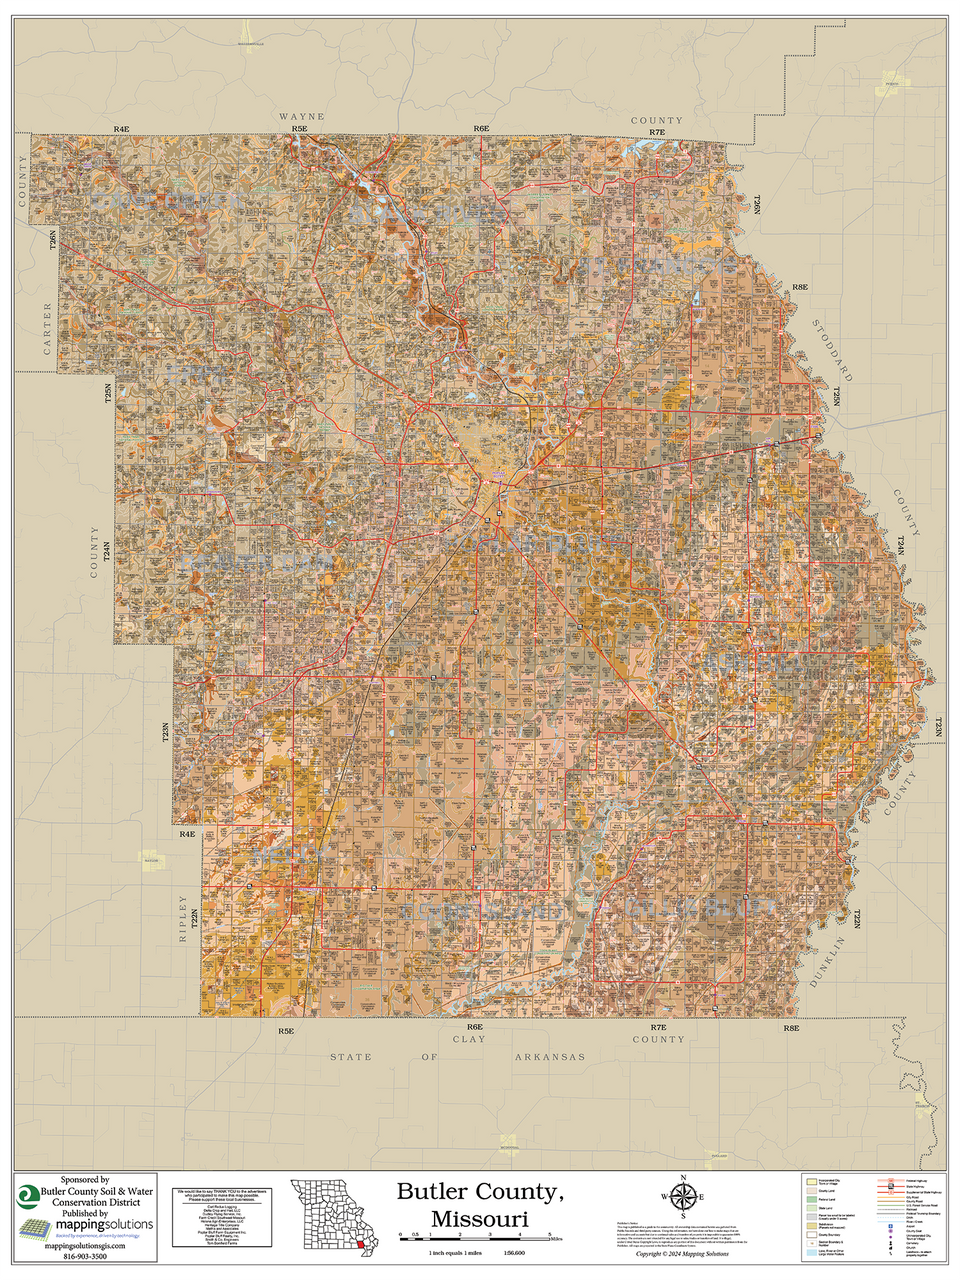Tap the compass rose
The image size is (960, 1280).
point(683,1197)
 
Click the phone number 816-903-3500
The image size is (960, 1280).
point(78,1256)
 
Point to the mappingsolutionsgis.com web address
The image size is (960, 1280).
point(78,1246)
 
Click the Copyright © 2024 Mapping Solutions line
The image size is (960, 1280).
point(683,1253)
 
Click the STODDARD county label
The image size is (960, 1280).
point(832,351)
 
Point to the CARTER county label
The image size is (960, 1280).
point(46,328)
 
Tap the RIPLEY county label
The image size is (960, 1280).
point(182,919)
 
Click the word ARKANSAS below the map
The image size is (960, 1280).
point(550,1057)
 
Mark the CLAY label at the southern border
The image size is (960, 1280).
point(468,1039)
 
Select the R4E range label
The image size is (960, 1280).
point(121,130)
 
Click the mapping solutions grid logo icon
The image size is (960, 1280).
point(35,1228)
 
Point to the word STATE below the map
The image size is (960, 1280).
point(351,1057)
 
